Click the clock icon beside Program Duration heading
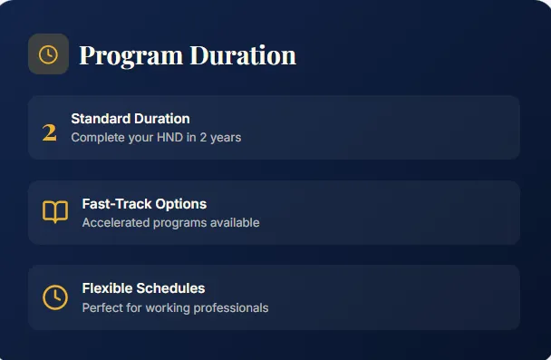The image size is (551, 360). click(x=48, y=54)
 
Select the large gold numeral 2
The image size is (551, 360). click(x=50, y=132)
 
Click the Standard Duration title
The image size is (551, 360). click(x=130, y=119)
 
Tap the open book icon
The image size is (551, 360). click(x=54, y=212)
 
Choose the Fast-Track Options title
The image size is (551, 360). click(x=144, y=204)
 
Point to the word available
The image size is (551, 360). click(x=232, y=223)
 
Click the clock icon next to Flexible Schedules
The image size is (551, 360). click(x=54, y=297)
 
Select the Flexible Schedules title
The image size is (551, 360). click(x=143, y=288)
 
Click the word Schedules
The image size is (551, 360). click(x=171, y=288)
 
